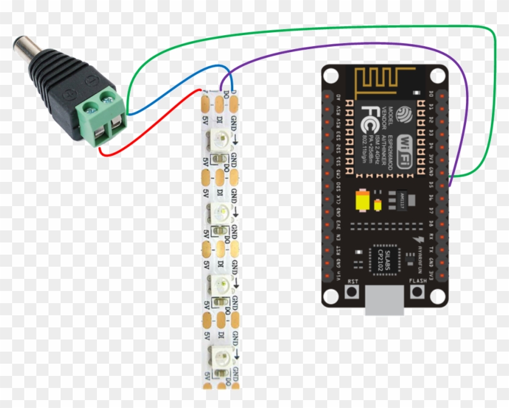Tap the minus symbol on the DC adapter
pos(91,79)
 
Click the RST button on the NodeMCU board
pos(351,292)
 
